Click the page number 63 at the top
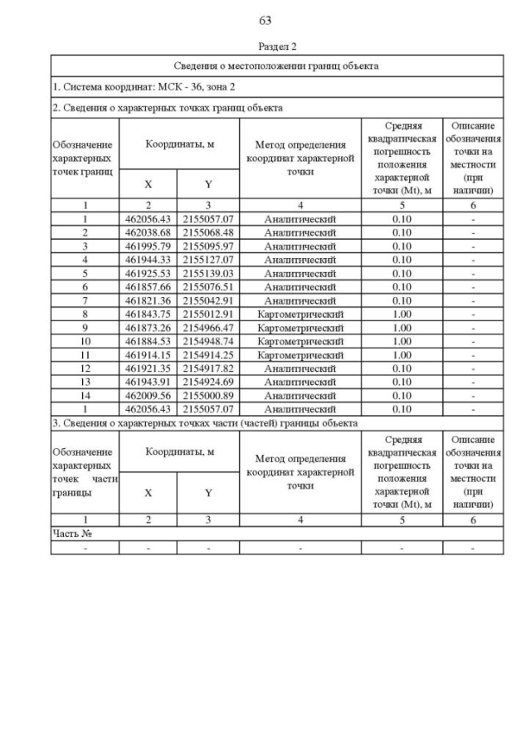pos(265,21)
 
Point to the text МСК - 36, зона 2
pos(193,86)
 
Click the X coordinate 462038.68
pos(149,232)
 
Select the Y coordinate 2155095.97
pos(208,246)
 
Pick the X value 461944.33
pos(149,260)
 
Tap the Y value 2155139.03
pos(208,273)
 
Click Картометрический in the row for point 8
pos(300,314)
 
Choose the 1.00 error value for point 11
pos(402,354)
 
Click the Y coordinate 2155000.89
pos(208,395)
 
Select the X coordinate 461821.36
pos(149,300)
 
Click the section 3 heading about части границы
pos(205,422)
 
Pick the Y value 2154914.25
pos(208,354)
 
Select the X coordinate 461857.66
pos(149,287)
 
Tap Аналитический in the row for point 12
pos(300,368)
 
